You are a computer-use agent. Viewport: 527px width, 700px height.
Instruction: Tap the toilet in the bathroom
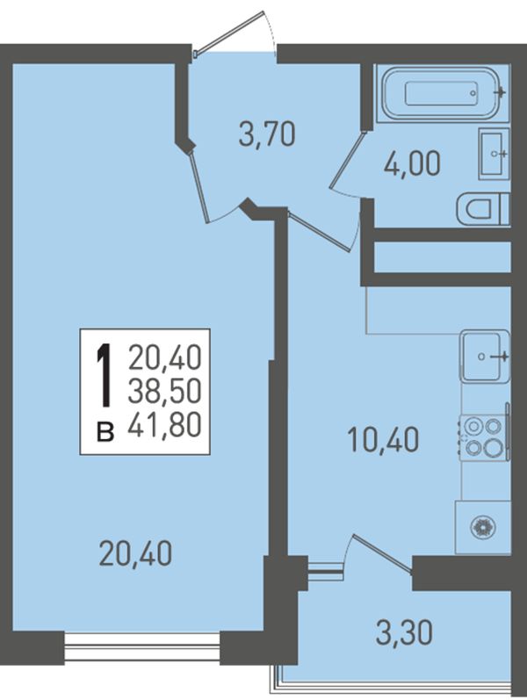(x=483, y=209)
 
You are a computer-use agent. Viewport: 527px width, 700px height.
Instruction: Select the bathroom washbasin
(x=494, y=154)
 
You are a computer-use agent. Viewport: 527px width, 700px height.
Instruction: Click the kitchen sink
(x=485, y=356)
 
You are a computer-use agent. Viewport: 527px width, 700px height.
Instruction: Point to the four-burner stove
(x=485, y=437)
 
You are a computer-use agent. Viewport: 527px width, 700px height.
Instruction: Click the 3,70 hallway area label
(x=267, y=134)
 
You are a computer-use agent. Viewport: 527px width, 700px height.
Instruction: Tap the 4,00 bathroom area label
(x=412, y=163)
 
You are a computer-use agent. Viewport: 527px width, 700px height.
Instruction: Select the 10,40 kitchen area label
(x=383, y=439)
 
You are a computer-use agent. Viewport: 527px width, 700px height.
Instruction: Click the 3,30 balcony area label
(x=404, y=632)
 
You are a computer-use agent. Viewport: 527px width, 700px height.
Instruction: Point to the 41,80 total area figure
(x=165, y=424)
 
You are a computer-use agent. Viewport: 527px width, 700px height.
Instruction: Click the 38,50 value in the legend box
(x=165, y=391)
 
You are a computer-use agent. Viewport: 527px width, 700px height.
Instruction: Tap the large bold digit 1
(x=105, y=375)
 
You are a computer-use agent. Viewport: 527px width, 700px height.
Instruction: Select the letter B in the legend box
(x=105, y=432)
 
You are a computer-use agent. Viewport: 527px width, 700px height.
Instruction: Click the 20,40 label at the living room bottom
(x=135, y=553)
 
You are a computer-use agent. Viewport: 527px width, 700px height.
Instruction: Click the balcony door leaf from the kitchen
(x=382, y=553)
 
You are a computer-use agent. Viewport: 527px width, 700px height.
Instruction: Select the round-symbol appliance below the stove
(x=483, y=527)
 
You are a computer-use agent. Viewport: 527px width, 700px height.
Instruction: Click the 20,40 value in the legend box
(x=165, y=357)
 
